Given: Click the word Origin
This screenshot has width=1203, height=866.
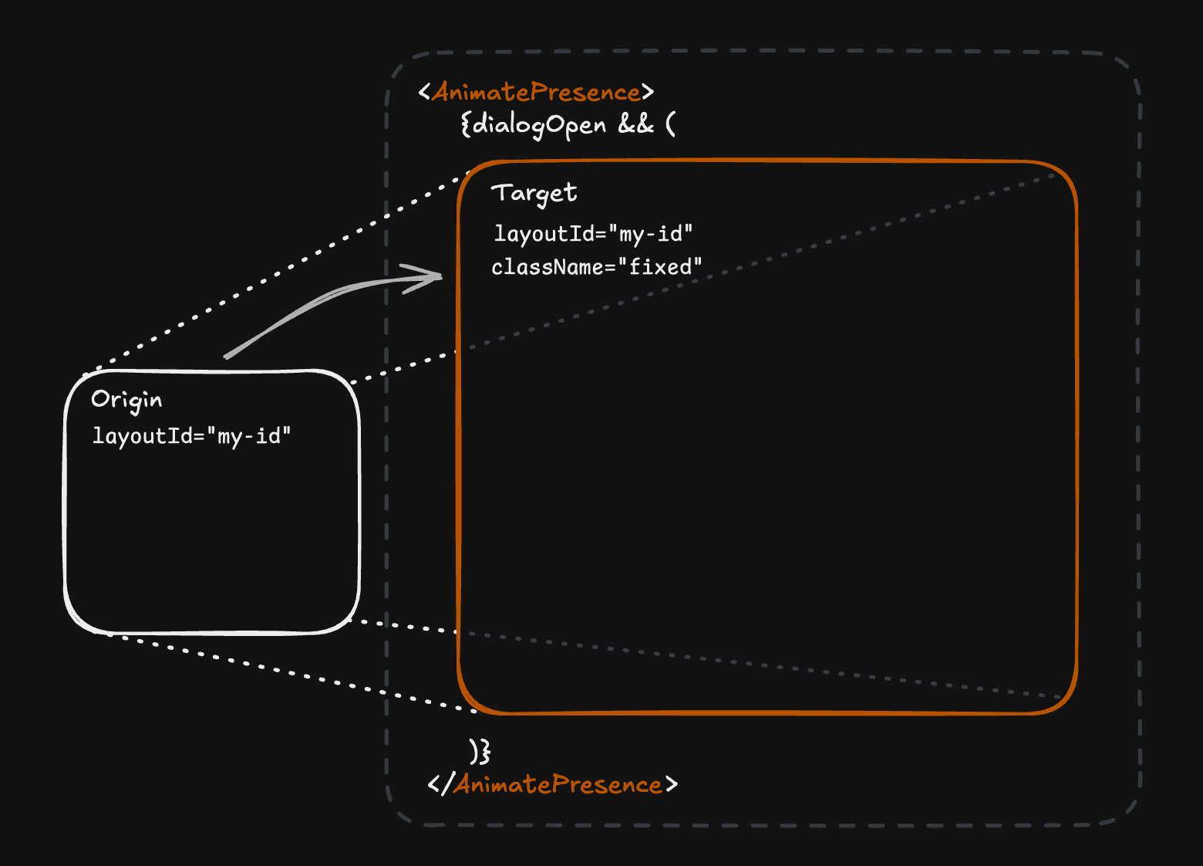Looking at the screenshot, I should pyautogui.click(x=126, y=400).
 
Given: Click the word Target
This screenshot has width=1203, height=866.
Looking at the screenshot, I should pyautogui.click(x=534, y=193).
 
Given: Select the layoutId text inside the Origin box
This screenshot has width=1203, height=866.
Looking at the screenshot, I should pyautogui.click(x=143, y=436).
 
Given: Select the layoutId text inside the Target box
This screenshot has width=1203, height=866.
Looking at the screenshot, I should pyautogui.click(x=544, y=234).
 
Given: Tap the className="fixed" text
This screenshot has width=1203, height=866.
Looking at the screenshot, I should pyautogui.click(x=597, y=267).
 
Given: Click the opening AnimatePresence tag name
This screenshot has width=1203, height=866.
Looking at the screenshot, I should pyautogui.click(x=536, y=93).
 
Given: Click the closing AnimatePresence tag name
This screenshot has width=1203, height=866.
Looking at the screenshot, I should pyautogui.click(x=558, y=785).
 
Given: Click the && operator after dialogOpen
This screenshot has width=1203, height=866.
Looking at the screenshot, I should pyautogui.click(x=635, y=123).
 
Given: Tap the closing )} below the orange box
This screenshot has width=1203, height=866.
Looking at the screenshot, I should pyautogui.click(x=480, y=751).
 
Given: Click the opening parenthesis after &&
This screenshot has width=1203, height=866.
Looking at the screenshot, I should pyautogui.click(x=670, y=123).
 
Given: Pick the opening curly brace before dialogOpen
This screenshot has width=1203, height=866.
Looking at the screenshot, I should pyautogui.click(x=465, y=124).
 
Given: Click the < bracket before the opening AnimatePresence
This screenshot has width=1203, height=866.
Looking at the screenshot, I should pyautogui.click(x=424, y=93).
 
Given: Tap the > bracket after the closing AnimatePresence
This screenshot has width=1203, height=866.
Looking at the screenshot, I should pyautogui.click(x=672, y=785).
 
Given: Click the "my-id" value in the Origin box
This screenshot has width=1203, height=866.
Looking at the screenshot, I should pyautogui.click(x=249, y=436).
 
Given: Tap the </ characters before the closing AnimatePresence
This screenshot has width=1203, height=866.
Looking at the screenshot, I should pyautogui.click(x=440, y=785).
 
